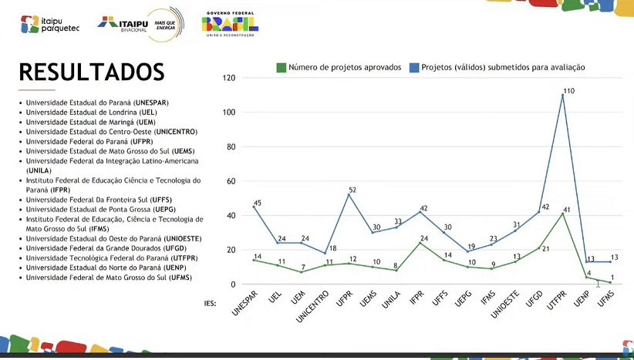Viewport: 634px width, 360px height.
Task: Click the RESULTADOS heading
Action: (x=92, y=72)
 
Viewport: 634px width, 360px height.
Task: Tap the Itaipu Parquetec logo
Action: (x=50, y=24)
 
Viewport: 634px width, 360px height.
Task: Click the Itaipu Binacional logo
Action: (x=140, y=23)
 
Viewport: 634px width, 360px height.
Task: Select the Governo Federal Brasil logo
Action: (x=230, y=24)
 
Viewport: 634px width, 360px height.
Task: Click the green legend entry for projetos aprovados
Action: (x=339, y=68)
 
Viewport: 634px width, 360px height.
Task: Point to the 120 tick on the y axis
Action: (x=228, y=78)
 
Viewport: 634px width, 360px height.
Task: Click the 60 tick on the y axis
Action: (x=231, y=181)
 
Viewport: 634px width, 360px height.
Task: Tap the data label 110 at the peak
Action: (x=568, y=91)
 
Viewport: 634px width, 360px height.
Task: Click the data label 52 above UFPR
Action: (x=352, y=190)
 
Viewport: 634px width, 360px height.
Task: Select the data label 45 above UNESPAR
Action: (x=258, y=204)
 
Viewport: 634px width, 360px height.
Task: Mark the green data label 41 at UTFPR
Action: (x=567, y=210)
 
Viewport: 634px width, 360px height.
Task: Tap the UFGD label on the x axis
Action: (x=534, y=296)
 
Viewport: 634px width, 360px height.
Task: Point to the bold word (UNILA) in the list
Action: (x=39, y=170)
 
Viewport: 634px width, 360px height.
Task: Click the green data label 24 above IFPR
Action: (x=423, y=238)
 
